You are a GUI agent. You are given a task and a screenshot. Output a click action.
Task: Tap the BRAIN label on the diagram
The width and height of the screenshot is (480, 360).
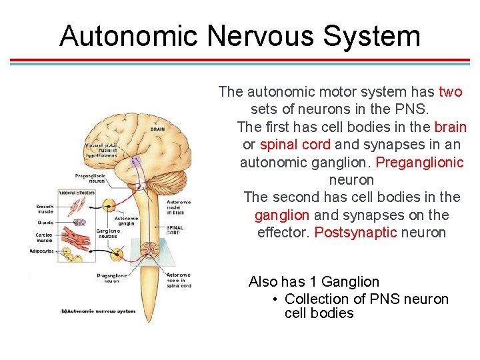point(157,129)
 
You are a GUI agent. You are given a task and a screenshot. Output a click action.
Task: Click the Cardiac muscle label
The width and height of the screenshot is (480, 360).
point(44,237)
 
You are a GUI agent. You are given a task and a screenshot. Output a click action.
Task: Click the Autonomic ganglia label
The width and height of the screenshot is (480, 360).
point(127,221)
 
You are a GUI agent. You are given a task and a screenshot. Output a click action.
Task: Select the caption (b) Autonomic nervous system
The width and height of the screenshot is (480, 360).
point(97,311)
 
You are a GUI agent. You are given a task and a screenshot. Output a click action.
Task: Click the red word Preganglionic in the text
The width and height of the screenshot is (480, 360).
point(419,162)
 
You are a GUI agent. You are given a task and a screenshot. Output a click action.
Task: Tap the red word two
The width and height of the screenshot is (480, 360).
point(450,92)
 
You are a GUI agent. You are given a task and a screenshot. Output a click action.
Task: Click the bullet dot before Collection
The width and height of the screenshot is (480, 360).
point(275,299)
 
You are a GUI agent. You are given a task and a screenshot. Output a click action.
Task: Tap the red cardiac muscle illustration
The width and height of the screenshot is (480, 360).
point(76,237)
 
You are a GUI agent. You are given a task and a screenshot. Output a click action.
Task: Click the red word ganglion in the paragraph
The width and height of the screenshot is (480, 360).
point(281,215)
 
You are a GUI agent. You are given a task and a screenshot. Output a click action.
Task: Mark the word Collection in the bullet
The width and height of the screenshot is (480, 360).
point(316,299)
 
